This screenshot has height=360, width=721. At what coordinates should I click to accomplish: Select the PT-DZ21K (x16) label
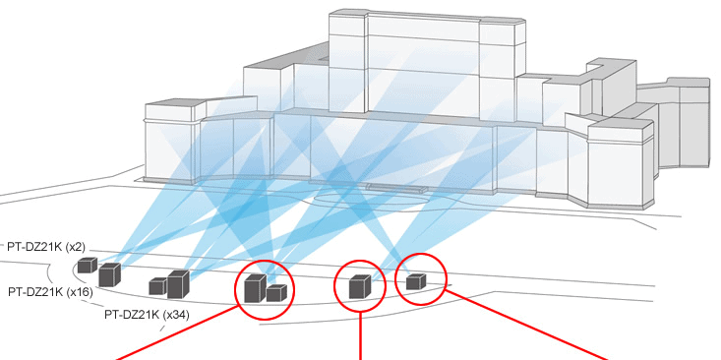(51, 292)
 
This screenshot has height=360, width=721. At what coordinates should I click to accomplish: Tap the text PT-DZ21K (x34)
(147, 314)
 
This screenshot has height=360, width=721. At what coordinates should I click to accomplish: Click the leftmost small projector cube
(88, 265)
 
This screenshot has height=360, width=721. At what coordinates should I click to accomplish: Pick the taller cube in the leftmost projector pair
(108, 275)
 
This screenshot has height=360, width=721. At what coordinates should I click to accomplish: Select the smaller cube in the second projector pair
(157, 286)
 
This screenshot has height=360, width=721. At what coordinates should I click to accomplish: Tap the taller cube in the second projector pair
(177, 284)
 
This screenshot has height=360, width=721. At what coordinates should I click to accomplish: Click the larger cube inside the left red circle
(255, 289)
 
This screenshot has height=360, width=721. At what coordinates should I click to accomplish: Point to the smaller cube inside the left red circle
(276, 292)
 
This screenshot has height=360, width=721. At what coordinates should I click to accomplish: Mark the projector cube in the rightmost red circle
(416, 281)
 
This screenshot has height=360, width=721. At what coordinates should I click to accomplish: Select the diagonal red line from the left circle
(177, 334)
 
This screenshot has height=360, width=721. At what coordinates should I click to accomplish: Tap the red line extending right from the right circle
(531, 326)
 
